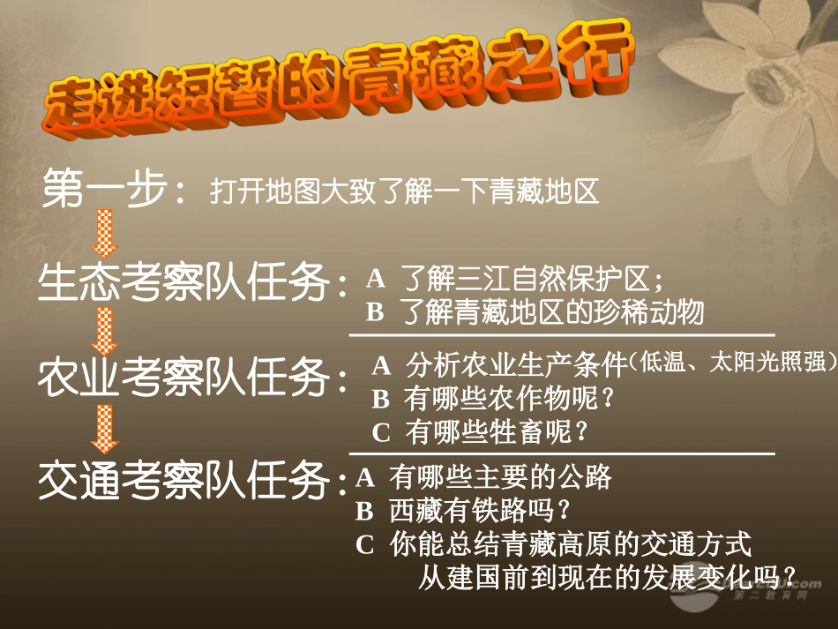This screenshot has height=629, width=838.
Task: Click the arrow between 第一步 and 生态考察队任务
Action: (106, 234)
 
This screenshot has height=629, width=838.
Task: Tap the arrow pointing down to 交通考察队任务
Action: (106, 430)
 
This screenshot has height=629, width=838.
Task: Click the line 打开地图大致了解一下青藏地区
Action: (405, 191)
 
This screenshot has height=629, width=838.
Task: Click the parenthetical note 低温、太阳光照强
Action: (733, 363)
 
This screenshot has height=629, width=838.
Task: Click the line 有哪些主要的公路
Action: (500, 477)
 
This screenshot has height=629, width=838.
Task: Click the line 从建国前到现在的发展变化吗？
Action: (608, 578)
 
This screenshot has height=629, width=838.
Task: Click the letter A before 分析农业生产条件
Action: (381, 365)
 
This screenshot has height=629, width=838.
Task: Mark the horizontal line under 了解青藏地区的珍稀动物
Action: (561, 334)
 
